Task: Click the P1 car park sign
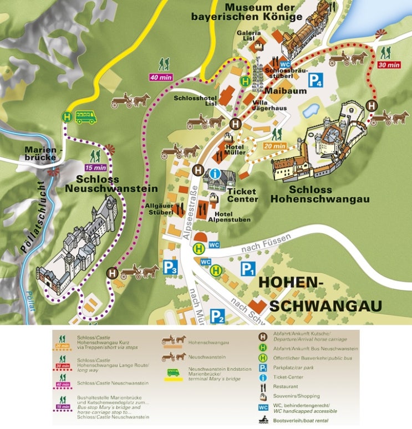pyautogui.click(x=247, y=269)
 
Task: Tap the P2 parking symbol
pyautogui.click(x=217, y=316)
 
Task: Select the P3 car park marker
pyautogui.click(x=170, y=268)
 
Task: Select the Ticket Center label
pyautogui.click(x=242, y=195)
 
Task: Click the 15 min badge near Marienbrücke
pyautogui.click(x=95, y=167)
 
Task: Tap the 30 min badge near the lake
pyautogui.click(x=388, y=65)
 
